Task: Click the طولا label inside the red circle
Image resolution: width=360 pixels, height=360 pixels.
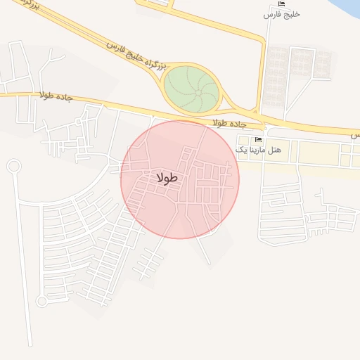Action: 167,179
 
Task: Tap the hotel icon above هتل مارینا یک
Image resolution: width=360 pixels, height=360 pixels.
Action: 257,140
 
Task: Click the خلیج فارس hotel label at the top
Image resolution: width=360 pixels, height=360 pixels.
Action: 281,14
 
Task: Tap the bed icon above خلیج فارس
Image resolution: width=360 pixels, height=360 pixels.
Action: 281,4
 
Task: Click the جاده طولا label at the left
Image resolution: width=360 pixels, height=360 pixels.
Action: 56,96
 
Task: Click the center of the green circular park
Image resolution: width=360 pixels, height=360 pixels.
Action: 191,88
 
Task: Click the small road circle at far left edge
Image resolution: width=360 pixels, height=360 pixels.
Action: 13,166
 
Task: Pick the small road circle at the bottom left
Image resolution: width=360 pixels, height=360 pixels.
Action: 41,301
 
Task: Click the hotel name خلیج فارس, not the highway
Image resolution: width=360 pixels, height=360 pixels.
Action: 281,14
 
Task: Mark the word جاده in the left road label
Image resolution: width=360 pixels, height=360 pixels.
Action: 65,97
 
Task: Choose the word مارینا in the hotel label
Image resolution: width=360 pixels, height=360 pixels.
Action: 257,150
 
